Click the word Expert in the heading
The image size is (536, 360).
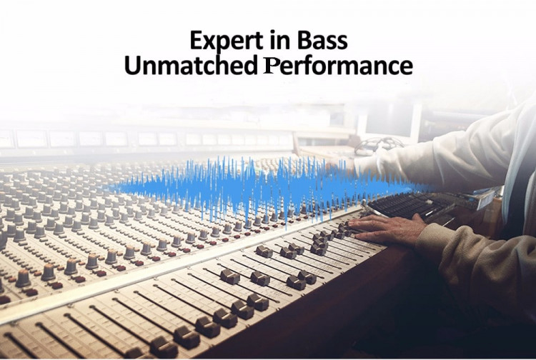point(224,41)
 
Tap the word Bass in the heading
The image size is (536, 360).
point(322,40)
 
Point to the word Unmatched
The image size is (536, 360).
point(191,65)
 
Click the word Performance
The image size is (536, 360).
point(338,66)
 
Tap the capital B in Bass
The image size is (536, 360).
point(304,40)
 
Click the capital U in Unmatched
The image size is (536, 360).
point(132,65)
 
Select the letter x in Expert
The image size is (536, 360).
point(209,43)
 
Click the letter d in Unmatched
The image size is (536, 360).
point(249,65)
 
